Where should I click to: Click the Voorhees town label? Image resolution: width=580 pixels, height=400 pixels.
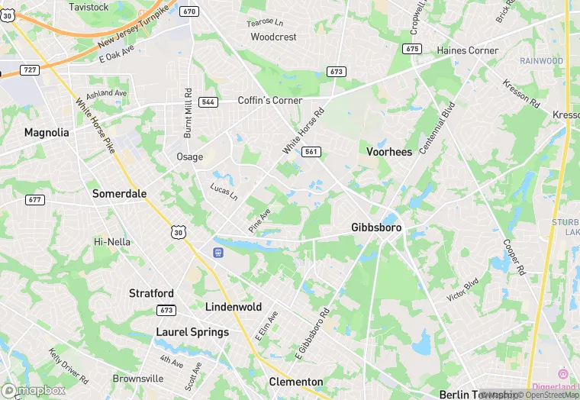tap(389, 152)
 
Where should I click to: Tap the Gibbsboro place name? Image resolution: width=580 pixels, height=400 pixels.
tap(376, 227)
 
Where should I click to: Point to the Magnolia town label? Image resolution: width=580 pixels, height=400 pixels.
tap(47, 133)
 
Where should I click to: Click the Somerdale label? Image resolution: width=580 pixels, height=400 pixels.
tap(119, 194)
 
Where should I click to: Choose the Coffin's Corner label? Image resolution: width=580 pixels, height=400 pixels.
tap(270, 101)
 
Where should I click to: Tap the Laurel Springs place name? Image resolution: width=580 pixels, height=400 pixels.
tap(192, 332)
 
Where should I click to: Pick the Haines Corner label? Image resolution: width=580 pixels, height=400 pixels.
tap(468, 50)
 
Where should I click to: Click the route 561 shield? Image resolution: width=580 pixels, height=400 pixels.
tap(311, 152)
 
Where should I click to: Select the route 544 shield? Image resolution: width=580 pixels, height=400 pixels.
tap(208, 102)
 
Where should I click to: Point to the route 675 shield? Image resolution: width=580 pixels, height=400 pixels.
tap(412, 49)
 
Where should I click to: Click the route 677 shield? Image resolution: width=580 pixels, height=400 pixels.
tap(35, 200)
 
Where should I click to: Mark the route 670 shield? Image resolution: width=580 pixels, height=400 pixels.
tap(190, 11)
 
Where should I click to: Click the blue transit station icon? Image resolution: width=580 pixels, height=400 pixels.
tap(218, 252)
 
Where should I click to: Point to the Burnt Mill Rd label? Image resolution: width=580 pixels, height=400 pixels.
tap(188, 112)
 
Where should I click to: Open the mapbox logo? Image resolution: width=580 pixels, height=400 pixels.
tap(34, 389)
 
